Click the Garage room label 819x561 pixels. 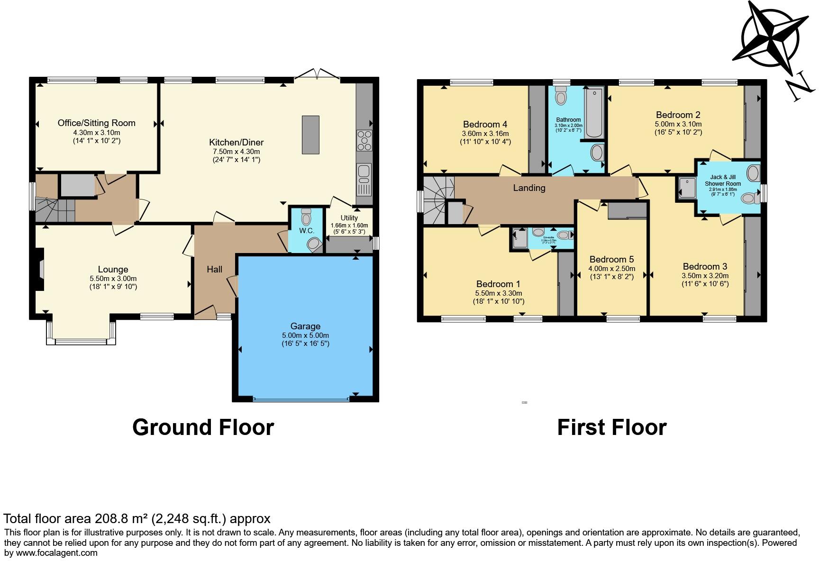coord(305,326)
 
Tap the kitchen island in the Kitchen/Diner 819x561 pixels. coord(310,135)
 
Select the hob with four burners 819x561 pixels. coord(364,140)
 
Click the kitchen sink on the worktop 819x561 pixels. coord(364,174)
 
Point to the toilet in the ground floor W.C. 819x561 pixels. coord(313,244)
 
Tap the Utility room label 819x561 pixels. coord(349,218)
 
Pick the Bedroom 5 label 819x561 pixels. coord(611,259)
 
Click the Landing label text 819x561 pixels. coord(529,188)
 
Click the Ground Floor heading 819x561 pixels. coord(203,427)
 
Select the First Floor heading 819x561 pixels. coord(611,427)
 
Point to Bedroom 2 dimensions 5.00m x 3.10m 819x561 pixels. coord(678,124)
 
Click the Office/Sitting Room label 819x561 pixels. coord(96,123)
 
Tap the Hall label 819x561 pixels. coord(214,269)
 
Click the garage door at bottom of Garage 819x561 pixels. coord(301,399)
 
